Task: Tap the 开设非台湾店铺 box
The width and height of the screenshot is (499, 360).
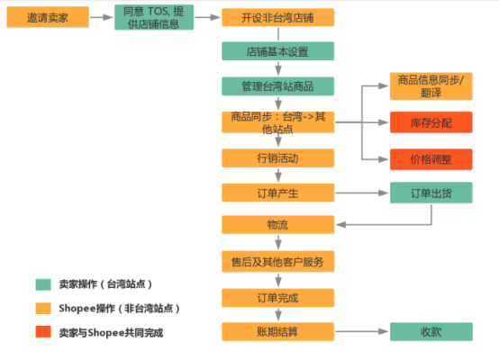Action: pos(277,17)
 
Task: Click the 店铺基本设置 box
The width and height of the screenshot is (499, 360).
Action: pos(277,51)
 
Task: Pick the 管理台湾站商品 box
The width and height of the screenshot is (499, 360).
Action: pos(277,85)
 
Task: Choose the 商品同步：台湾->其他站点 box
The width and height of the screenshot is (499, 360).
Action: pos(277,122)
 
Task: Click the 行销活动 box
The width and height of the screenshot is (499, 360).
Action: pos(277,157)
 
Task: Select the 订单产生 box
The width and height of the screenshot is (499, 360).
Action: pos(277,192)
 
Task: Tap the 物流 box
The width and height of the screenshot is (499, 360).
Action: pos(277,224)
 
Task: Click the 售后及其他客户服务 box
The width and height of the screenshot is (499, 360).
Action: pos(277,262)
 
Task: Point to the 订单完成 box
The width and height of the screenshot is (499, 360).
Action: pos(277,297)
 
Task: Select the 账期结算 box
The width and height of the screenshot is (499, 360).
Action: pos(277,331)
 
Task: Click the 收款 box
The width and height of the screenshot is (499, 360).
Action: pos(431,331)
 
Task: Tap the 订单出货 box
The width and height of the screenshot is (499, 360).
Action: pos(431,192)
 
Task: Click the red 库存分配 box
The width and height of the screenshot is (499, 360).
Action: pos(431,122)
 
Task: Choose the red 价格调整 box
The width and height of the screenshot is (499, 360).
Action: pos(431,158)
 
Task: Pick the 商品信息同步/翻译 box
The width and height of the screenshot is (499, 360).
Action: pos(431,85)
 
